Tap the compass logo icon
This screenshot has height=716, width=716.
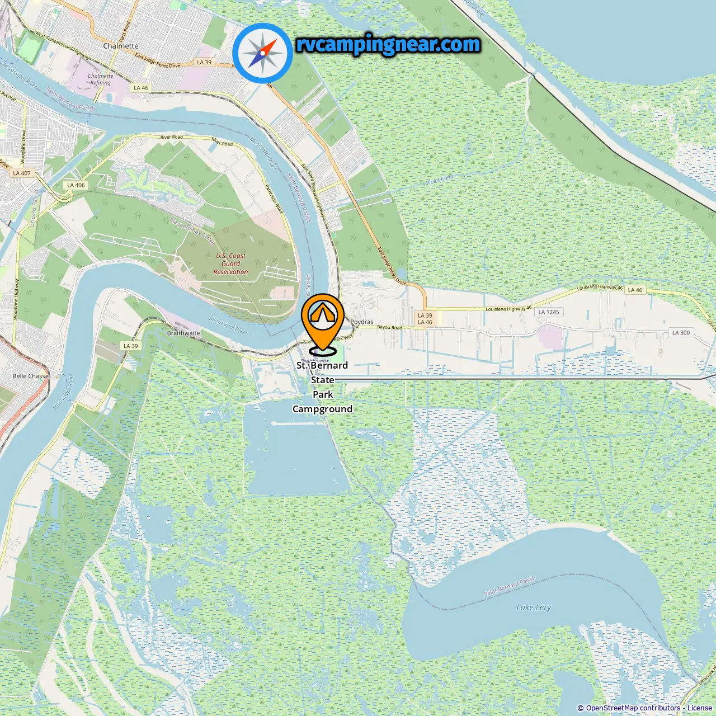point(262,54)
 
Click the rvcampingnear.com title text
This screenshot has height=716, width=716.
point(388,44)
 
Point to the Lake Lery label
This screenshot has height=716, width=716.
point(534,607)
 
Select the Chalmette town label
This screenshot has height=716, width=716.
point(120,46)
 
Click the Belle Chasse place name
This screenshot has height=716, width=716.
point(30,376)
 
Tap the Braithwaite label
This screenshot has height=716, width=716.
point(183,333)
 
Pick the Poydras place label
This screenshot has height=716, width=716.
point(361,322)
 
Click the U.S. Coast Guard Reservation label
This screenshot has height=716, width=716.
point(230,263)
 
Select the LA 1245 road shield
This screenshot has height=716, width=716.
point(549,312)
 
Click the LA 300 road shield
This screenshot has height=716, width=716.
point(681,332)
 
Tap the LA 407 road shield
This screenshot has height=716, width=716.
point(22,173)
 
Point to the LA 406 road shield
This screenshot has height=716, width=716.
point(76,185)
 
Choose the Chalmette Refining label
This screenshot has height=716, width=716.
point(101,79)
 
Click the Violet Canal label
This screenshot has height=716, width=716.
point(440,180)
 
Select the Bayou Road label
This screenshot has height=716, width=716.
point(389,327)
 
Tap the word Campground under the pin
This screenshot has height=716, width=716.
point(322,409)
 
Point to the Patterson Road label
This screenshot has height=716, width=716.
point(274,199)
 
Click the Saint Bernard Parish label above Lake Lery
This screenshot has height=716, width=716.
point(510,586)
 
